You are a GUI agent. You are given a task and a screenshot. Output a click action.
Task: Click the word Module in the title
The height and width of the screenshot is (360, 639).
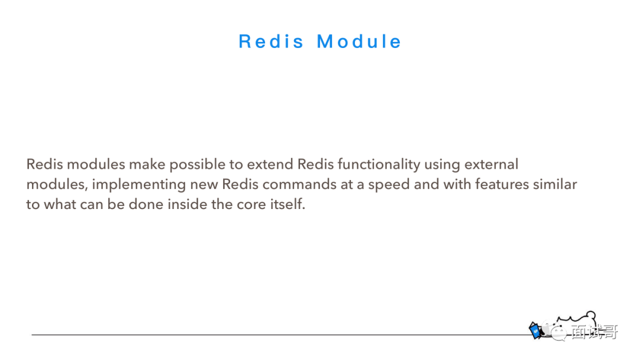359,41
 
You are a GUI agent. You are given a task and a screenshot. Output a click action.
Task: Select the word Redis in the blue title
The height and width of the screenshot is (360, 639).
271,41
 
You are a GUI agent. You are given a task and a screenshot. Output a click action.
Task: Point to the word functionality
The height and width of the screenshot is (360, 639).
379,165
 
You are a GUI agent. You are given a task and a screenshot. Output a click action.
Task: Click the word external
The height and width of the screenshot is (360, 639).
491,164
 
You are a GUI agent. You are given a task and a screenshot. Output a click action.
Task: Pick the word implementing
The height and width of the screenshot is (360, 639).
138,185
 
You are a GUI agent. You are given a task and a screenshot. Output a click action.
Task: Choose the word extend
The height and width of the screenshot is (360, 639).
270,164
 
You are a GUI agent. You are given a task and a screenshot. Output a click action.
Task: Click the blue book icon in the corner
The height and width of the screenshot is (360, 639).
535,330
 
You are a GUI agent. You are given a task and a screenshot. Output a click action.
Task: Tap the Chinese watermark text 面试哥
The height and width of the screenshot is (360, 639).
595,332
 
